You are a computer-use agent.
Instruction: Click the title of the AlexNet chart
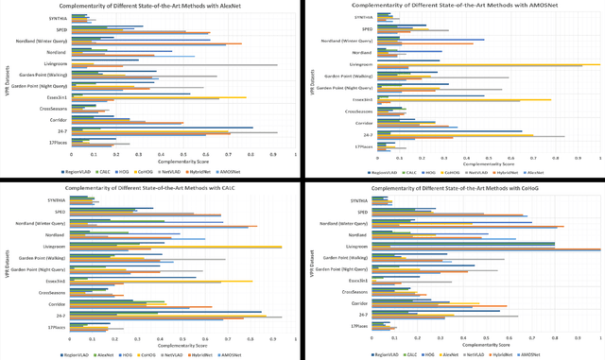coord(149,6)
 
